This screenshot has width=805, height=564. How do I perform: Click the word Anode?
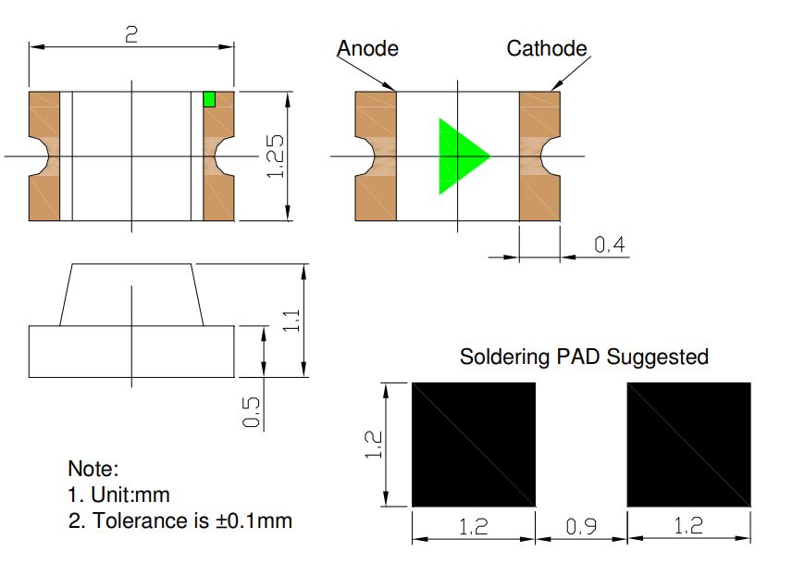[x=367, y=49]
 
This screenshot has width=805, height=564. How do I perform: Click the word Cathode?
[x=547, y=49]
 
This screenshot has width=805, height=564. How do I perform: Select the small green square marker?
[x=209, y=99]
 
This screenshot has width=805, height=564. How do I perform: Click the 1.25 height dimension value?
[x=275, y=157]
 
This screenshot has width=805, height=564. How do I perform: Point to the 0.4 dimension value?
[x=610, y=244]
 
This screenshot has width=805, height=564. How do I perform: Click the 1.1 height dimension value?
[x=291, y=320]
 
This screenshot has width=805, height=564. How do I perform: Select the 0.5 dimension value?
[x=251, y=412]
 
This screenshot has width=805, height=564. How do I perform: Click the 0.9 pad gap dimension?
[x=581, y=527]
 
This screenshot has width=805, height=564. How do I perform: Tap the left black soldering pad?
[x=474, y=445]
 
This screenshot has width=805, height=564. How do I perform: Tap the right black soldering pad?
[x=689, y=445]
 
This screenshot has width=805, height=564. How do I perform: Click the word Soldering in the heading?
[x=504, y=357]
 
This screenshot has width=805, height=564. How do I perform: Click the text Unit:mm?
[x=130, y=495]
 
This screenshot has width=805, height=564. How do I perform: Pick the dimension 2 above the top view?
[x=131, y=34]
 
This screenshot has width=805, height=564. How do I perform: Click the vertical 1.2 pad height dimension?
[x=373, y=445]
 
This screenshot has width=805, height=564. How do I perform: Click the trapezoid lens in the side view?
[x=131, y=295]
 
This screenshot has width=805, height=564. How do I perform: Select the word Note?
[x=93, y=469]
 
